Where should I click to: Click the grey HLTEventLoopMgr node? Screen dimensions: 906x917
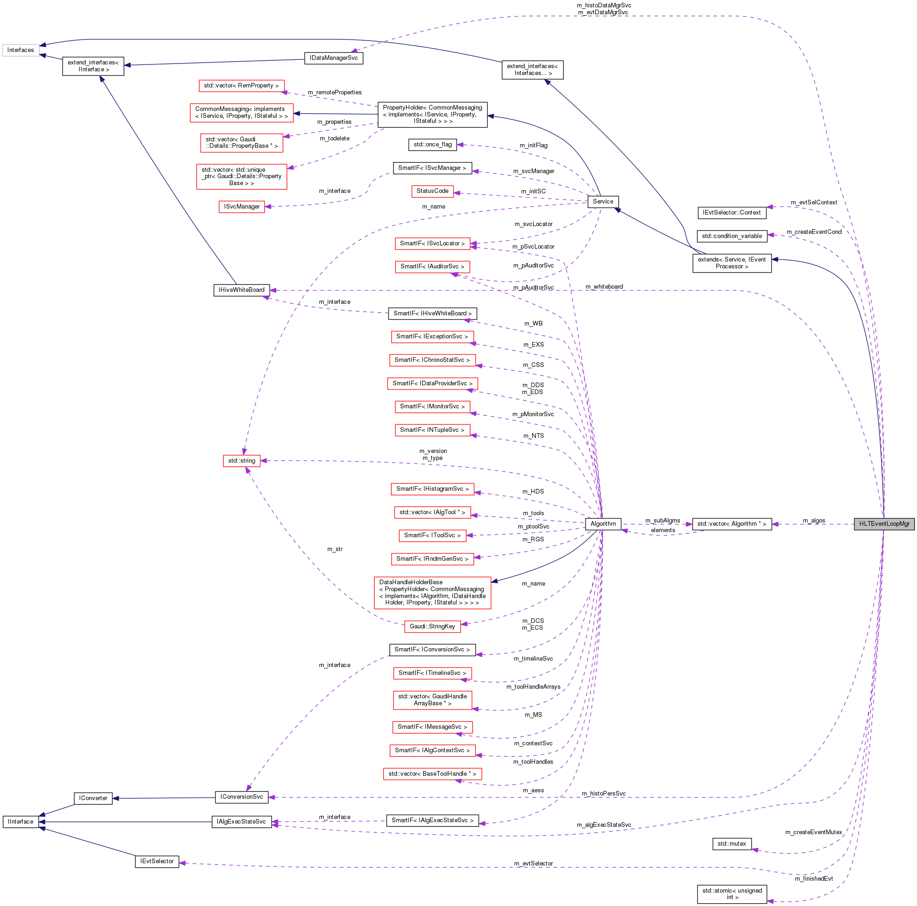[x=884, y=524]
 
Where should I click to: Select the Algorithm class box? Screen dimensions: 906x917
[x=603, y=524]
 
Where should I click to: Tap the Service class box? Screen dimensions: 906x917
[x=603, y=202]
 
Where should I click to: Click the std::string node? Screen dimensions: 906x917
[x=242, y=461]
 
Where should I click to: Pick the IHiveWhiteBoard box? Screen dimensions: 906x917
[x=242, y=290]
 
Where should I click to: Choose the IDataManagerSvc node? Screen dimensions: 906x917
[x=334, y=58]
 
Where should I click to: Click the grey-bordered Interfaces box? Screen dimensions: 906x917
[x=20, y=50]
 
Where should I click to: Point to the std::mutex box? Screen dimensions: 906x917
[x=731, y=844]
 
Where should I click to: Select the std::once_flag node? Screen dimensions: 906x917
[x=432, y=145]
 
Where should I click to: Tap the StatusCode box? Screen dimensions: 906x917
[x=432, y=191]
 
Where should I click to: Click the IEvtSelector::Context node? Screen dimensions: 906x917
[x=731, y=213]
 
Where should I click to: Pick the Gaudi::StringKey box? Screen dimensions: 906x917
[x=432, y=627]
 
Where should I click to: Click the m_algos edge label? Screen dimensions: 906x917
[x=813, y=521]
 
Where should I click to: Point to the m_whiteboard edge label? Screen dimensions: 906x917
[x=604, y=287]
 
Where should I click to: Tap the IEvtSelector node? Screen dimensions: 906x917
[x=157, y=861]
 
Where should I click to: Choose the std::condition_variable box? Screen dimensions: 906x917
[x=731, y=236]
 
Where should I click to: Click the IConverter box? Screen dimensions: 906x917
[x=93, y=798]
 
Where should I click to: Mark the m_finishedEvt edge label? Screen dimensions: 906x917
[x=813, y=878]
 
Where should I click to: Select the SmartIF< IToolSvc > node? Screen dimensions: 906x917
[x=432, y=535]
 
